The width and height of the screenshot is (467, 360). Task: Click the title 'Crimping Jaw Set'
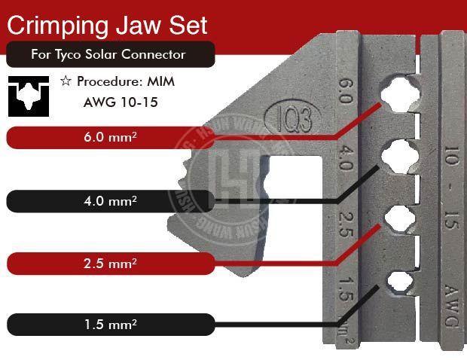point(106,25)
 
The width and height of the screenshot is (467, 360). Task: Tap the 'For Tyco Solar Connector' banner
point(108,55)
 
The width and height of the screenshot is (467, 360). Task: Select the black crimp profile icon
point(29,95)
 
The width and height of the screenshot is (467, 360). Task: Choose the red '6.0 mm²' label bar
point(113,137)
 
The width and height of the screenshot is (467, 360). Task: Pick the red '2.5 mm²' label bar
point(113,264)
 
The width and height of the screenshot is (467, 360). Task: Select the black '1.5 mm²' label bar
point(113,325)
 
